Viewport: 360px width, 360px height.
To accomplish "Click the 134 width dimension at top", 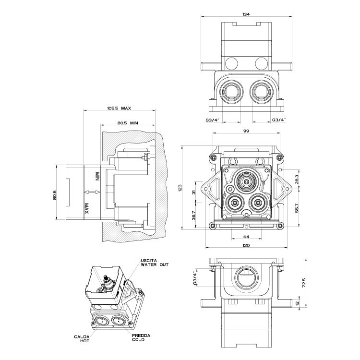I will pos(246,14).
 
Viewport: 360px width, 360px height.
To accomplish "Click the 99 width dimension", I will pos(246,131).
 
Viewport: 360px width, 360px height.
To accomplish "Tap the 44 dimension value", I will pos(246,237).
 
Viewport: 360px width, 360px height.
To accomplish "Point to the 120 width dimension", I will pos(246,246).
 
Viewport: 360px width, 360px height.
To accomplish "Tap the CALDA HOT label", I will pos(80,338).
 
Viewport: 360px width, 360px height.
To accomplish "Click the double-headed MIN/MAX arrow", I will pos(91,192).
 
